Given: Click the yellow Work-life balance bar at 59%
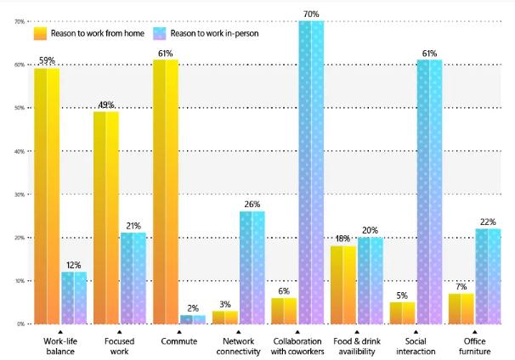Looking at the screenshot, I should (47, 196).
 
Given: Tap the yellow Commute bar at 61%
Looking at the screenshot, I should (166, 192).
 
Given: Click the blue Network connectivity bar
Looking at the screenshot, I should (252, 267).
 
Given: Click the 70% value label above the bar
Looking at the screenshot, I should (311, 14).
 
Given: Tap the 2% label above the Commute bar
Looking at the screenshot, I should (192, 308).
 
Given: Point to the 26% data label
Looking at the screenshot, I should (252, 205).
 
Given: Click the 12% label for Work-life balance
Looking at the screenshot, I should (73, 265).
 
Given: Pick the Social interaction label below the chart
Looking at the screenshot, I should (416, 346).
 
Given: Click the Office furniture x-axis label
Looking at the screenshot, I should (476, 346).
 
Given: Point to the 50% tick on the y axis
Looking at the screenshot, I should (19, 108).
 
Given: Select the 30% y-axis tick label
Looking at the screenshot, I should (19, 194).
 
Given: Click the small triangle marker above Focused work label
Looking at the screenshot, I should (120, 331).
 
